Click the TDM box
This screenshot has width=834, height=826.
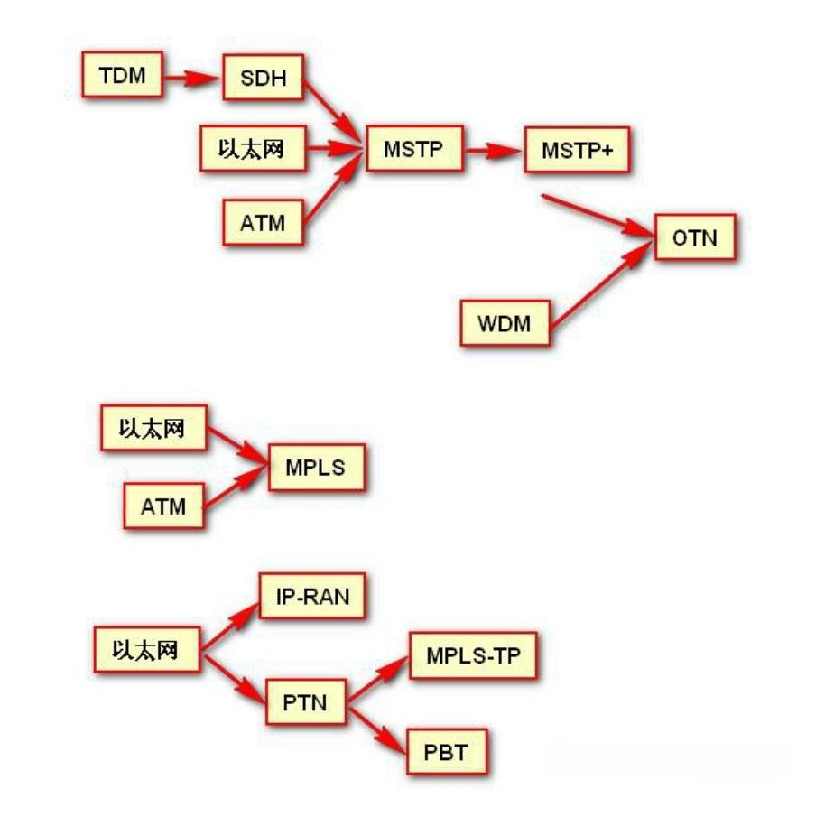[122, 73]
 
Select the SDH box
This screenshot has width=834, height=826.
[263, 80]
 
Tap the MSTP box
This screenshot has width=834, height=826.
[412, 149]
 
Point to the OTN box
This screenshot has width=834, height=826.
[695, 238]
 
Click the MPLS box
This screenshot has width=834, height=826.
[315, 468]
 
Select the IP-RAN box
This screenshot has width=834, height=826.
[311, 596]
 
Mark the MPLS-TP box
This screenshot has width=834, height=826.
[473, 656]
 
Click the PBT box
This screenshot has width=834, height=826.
[447, 750]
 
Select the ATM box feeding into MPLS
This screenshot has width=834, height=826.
[163, 506]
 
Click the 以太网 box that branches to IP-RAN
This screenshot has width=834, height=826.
[149, 649]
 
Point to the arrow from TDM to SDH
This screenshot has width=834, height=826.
[192, 77]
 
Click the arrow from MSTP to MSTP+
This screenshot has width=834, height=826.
[494, 150]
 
